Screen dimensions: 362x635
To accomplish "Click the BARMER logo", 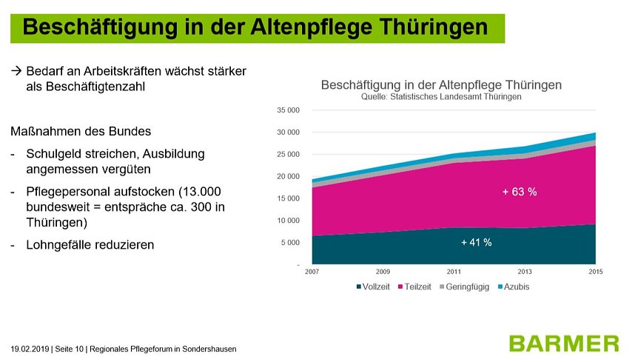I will point(564,343).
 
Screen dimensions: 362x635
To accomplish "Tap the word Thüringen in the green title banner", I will point(432,27).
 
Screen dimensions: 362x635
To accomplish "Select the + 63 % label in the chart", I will point(520,192).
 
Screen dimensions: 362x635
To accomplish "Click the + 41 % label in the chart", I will point(476,242).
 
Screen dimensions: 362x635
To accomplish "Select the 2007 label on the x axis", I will point(312,272).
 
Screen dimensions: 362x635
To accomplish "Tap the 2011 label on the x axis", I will point(454,272).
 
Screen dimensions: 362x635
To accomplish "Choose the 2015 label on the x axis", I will point(596,272).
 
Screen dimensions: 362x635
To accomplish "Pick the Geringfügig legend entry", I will point(467,286).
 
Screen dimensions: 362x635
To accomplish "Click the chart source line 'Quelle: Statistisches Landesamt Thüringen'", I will point(441,97).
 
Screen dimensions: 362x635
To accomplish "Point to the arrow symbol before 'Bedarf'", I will point(16,73).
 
